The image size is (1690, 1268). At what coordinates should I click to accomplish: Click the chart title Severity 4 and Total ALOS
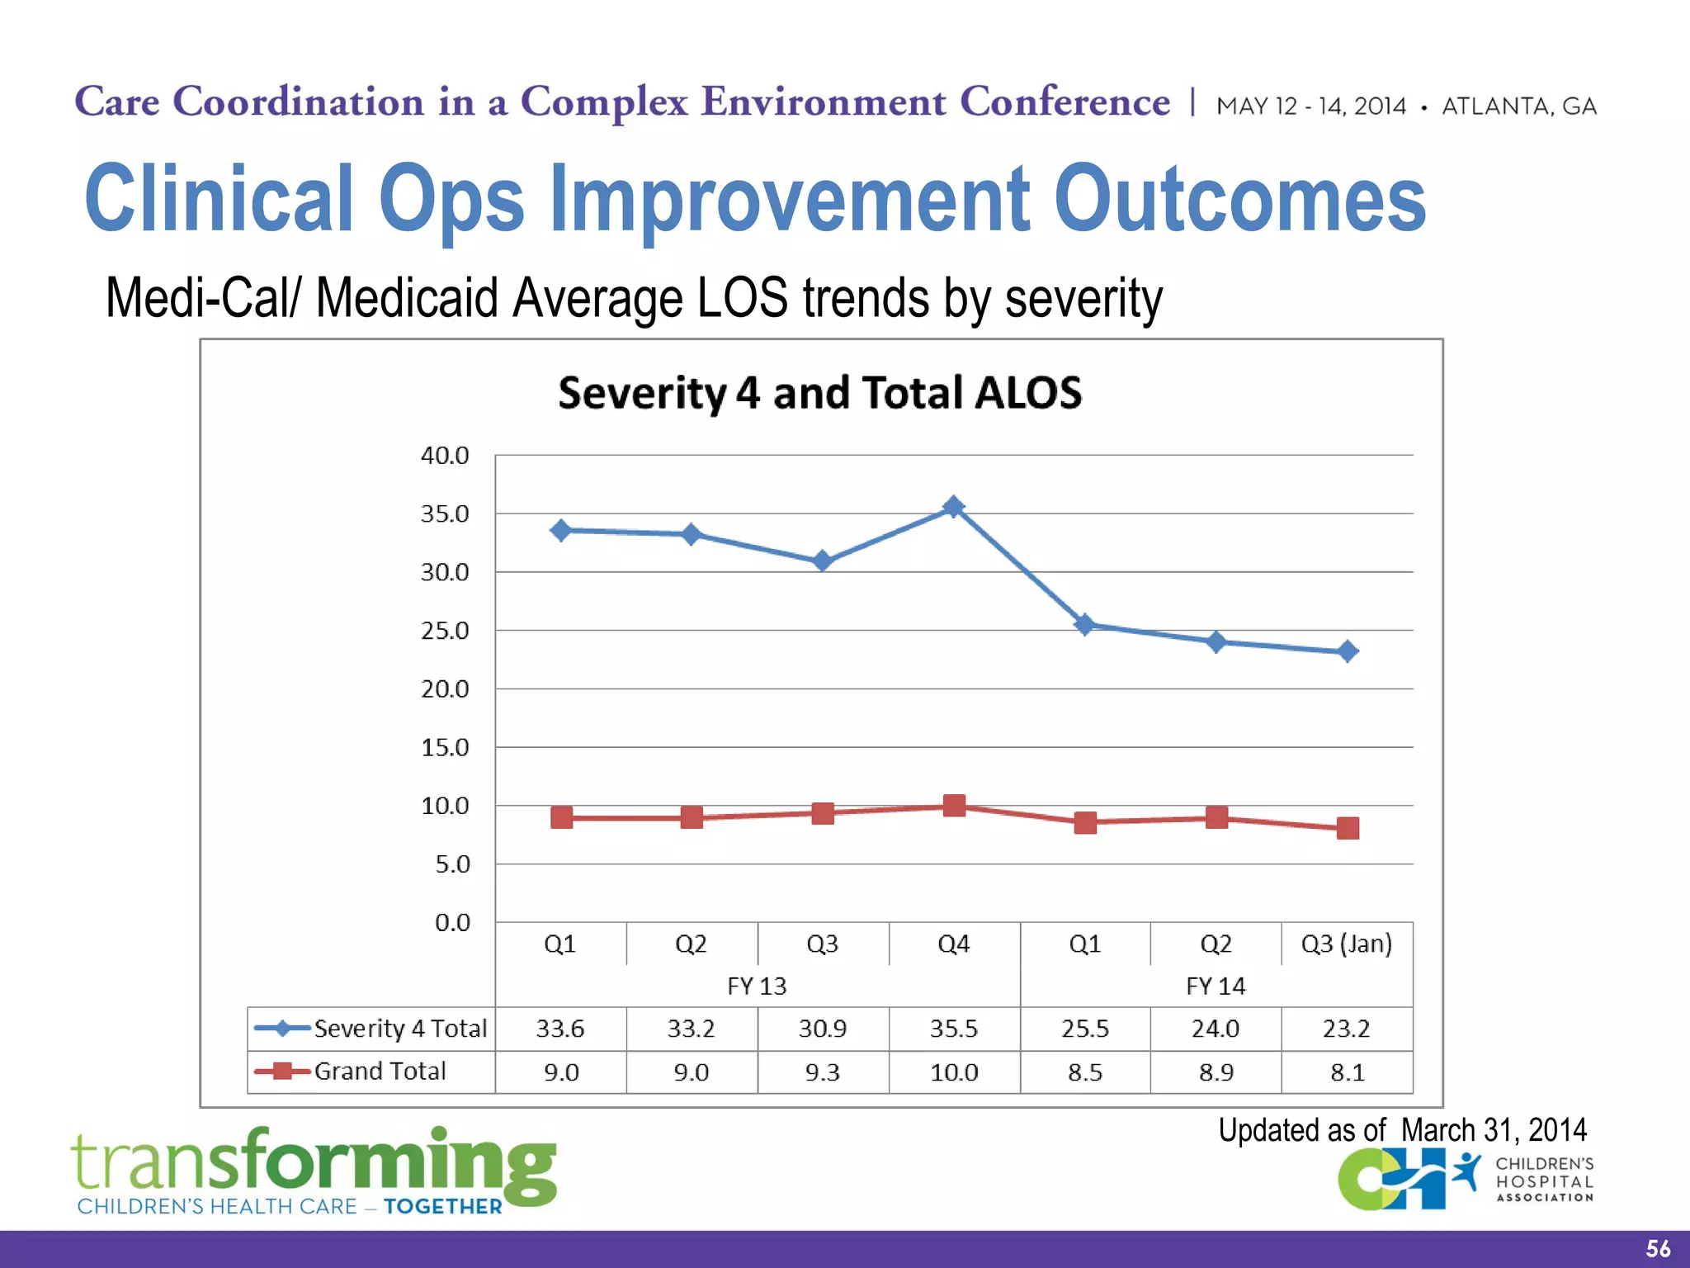click(819, 393)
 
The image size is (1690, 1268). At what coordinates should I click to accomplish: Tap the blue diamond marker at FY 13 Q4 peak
click(954, 507)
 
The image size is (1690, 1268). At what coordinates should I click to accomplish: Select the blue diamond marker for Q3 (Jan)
click(1348, 651)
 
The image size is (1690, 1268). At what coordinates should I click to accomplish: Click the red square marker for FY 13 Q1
click(561, 817)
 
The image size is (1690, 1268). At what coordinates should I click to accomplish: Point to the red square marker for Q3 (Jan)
click(1348, 828)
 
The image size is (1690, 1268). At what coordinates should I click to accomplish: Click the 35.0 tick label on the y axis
click(445, 514)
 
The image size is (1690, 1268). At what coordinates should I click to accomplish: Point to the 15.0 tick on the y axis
click(445, 748)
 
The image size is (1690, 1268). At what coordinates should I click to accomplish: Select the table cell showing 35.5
click(954, 1029)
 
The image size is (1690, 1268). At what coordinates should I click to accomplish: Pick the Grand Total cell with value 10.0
click(954, 1072)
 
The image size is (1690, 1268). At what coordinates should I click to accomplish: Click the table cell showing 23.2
click(1347, 1029)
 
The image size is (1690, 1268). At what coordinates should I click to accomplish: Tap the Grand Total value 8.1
click(1347, 1072)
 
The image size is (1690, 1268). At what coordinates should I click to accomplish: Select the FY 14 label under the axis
click(1216, 986)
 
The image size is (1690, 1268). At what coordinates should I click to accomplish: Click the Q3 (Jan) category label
click(1347, 944)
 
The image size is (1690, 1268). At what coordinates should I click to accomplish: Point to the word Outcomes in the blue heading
click(1239, 199)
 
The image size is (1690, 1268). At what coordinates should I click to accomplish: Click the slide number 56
click(1657, 1248)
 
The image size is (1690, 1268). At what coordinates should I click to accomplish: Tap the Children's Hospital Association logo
click(1465, 1180)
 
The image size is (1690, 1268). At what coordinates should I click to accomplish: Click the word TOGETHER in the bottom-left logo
click(443, 1207)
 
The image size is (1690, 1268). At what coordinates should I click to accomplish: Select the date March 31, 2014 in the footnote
click(1494, 1130)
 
